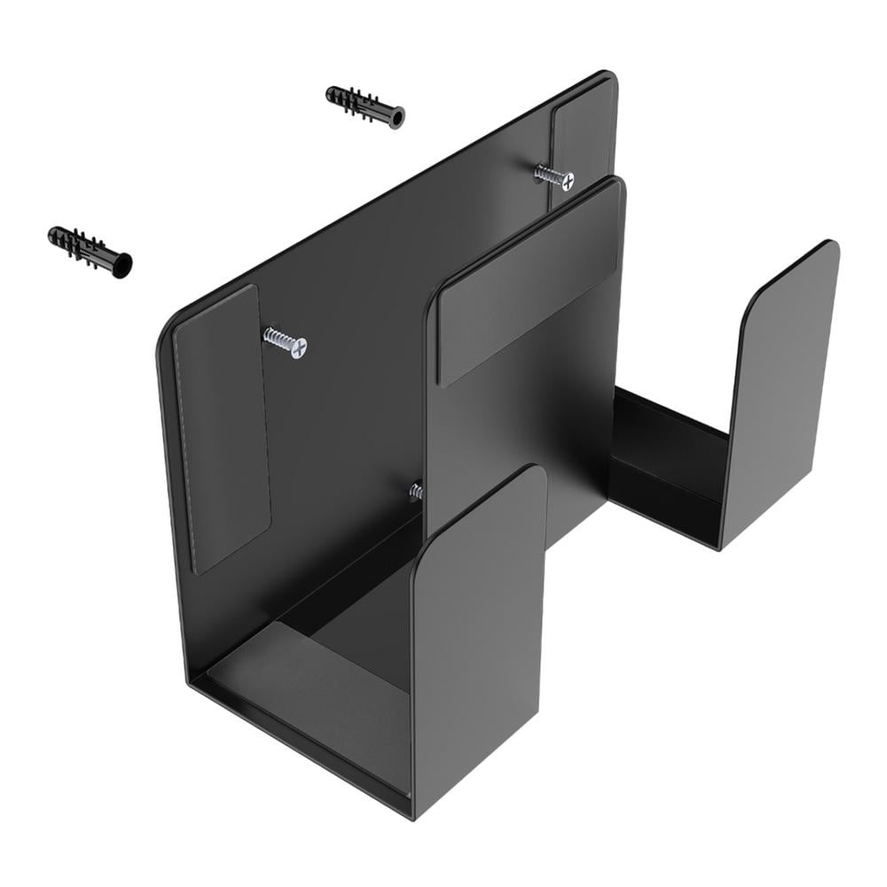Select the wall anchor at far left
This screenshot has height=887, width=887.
click(x=90, y=249)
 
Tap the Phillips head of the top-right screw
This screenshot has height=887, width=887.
click(x=566, y=181)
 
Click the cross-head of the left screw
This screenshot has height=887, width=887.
click(x=299, y=348)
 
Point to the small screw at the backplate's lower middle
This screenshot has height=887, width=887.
click(x=414, y=491)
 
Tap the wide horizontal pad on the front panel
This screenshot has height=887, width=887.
click(x=529, y=284)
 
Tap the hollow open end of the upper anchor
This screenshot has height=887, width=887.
click(x=396, y=117)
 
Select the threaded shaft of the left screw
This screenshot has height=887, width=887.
click(x=278, y=338)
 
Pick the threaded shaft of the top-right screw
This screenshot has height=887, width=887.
click(x=546, y=174)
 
